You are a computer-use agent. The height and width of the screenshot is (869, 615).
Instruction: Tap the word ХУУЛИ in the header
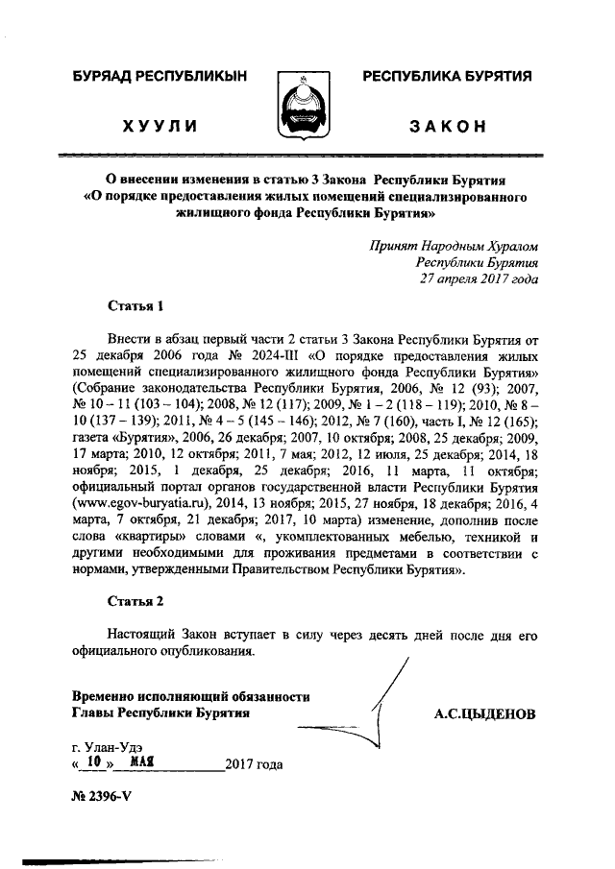point(160,127)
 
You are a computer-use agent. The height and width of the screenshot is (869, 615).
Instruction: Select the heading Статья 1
point(136,306)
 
